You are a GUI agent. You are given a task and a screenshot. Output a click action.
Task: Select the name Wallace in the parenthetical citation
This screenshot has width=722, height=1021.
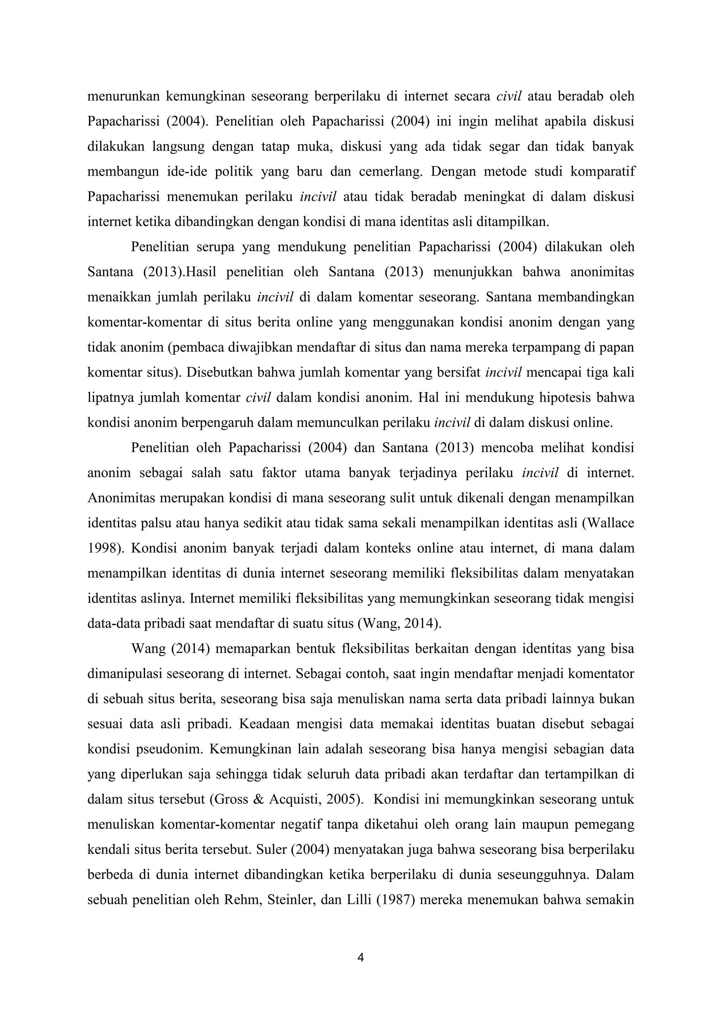pos(610,523)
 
